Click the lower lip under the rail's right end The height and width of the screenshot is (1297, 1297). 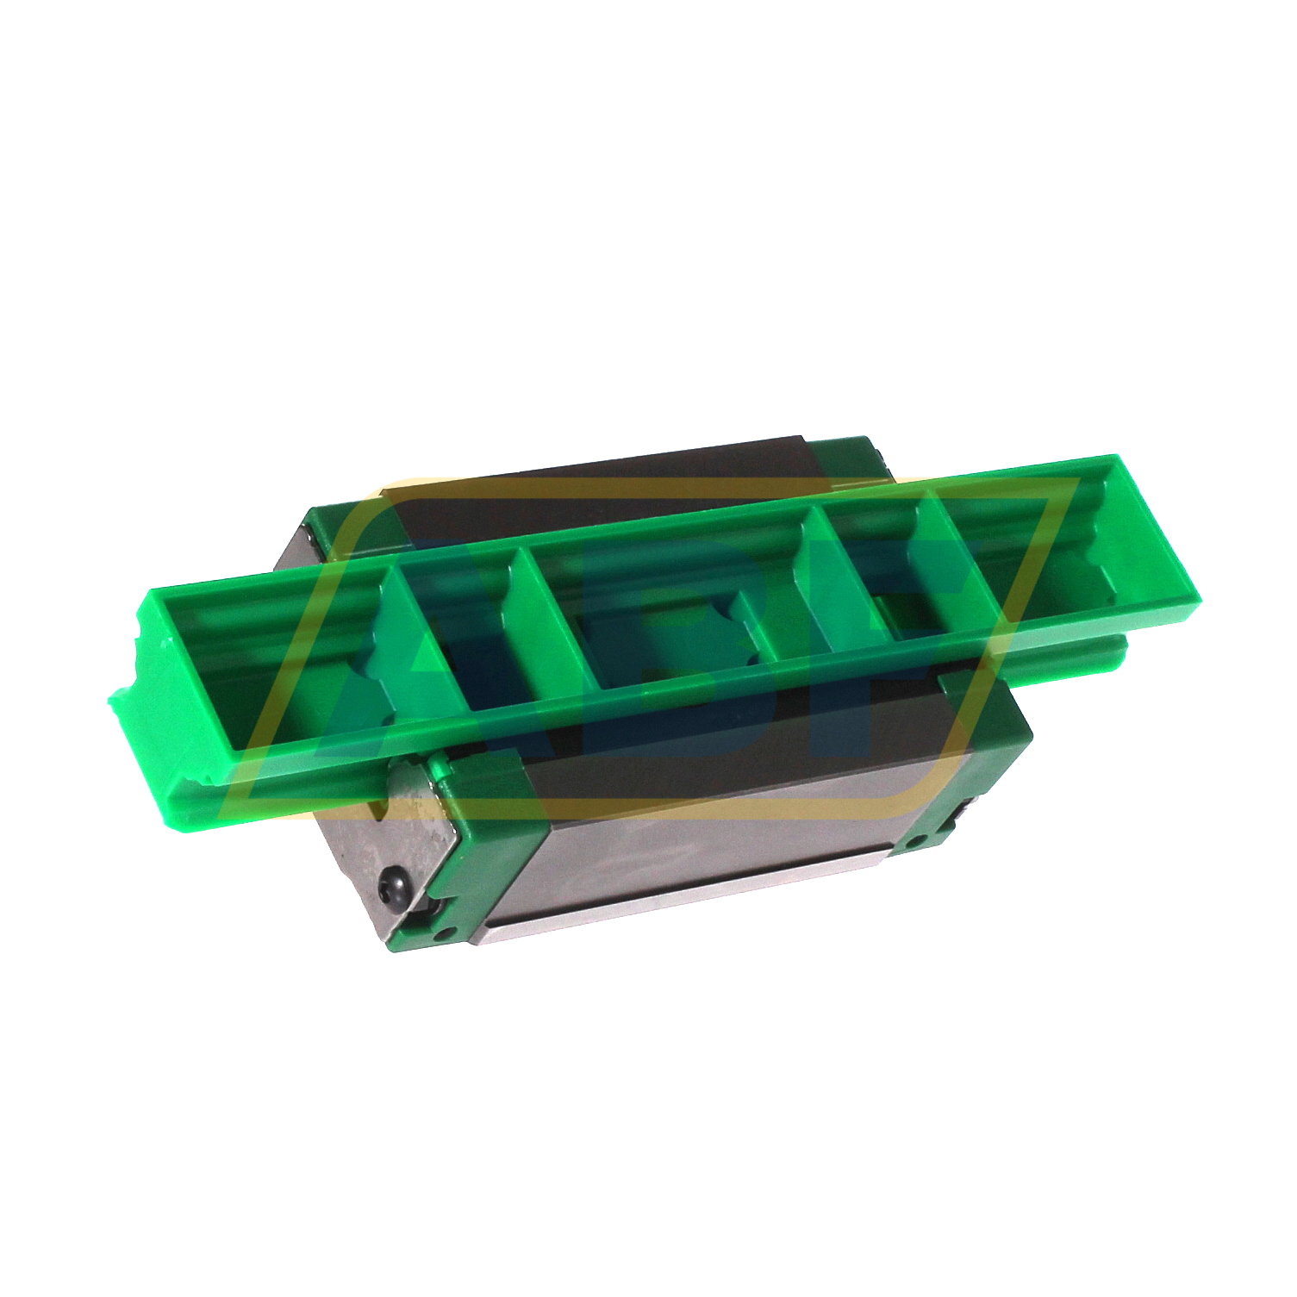coord(1077,659)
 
